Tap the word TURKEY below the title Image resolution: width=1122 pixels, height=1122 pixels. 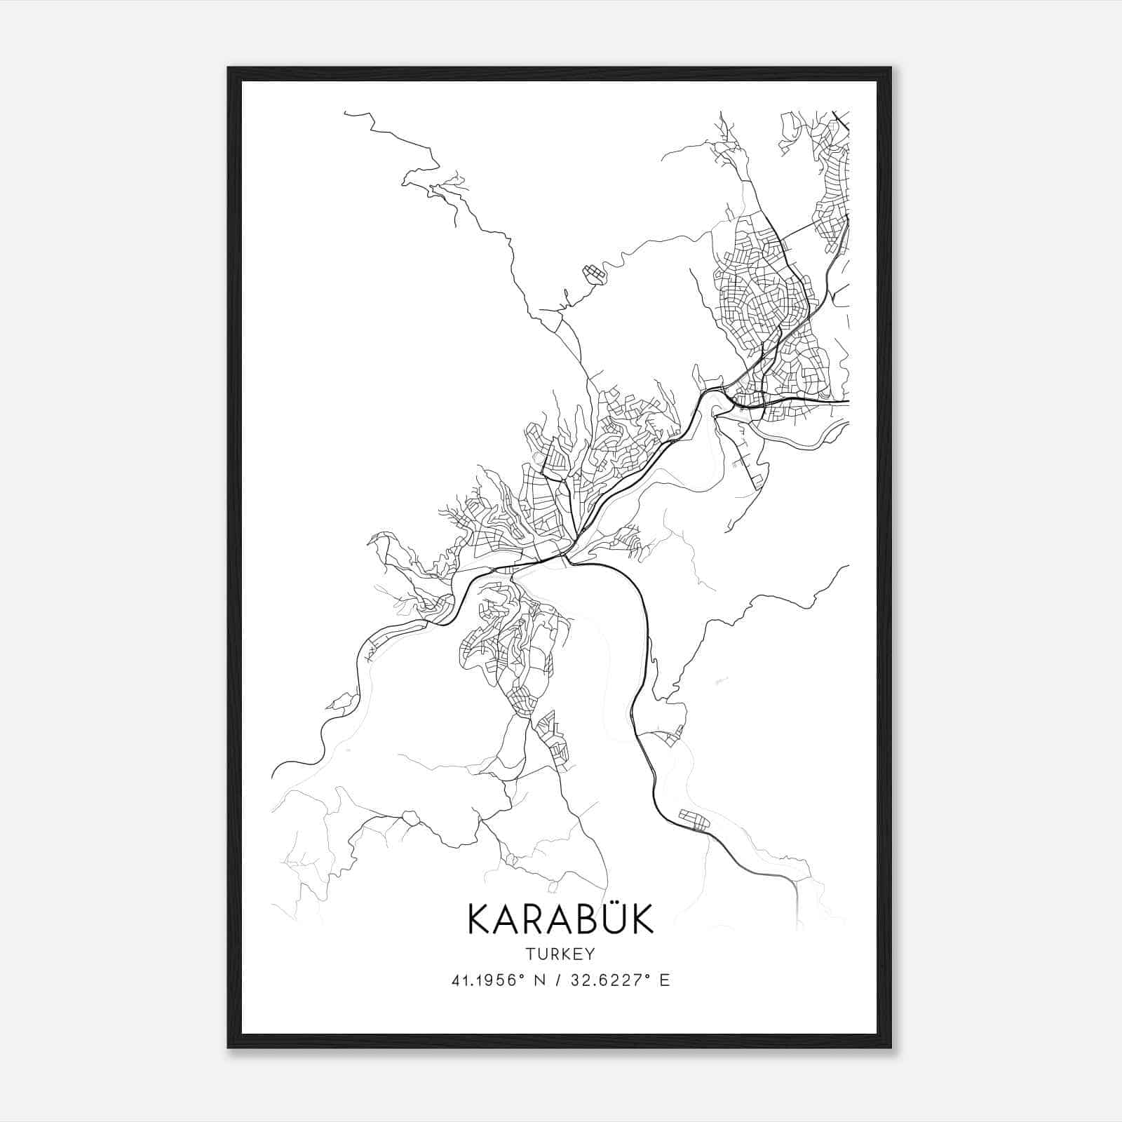(x=560, y=954)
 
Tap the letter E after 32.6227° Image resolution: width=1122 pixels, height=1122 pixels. (x=665, y=980)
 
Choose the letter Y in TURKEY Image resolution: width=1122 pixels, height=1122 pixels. (x=588, y=954)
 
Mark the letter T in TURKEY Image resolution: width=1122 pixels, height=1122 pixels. (x=530, y=954)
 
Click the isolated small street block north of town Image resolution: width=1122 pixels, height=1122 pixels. (x=593, y=272)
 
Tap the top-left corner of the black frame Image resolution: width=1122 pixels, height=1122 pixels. (x=229, y=69)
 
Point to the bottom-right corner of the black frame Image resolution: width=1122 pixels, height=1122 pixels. (x=891, y=1047)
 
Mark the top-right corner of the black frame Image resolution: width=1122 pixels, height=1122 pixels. (x=891, y=69)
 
